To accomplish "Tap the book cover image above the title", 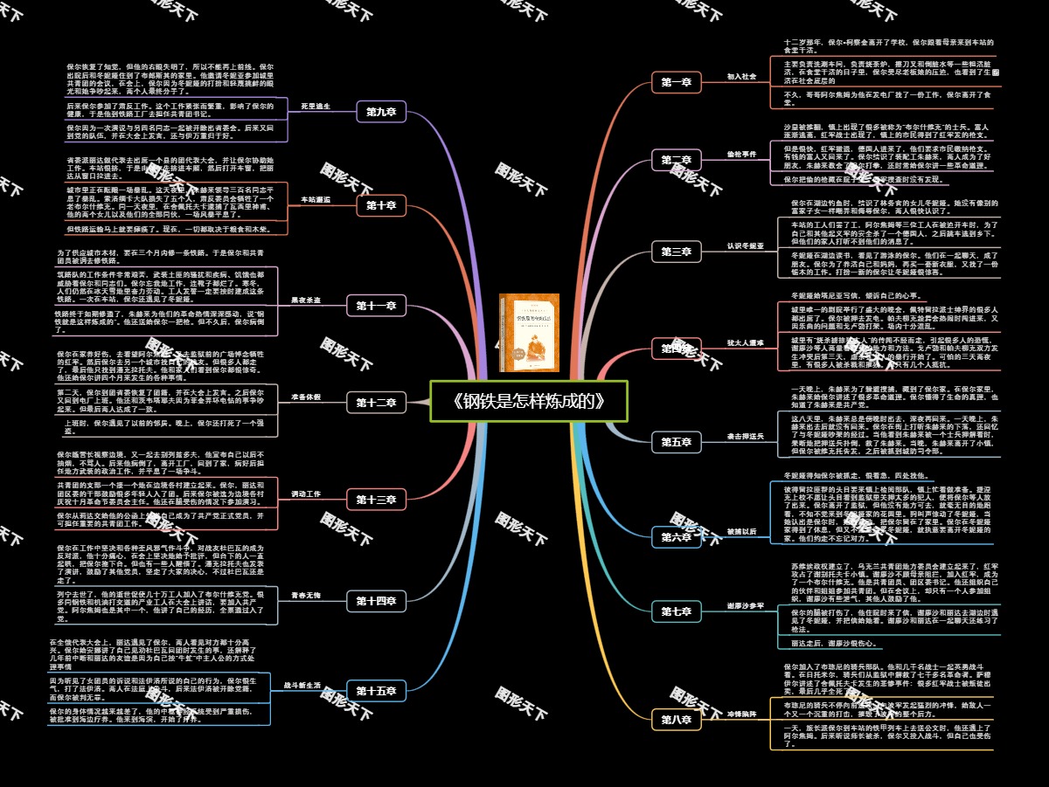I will click(x=529, y=332).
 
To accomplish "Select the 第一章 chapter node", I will click(x=676, y=83).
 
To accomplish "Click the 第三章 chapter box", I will click(x=676, y=252).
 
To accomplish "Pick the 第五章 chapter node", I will click(x=676, y=442).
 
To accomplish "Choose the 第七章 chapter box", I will click(x=676, y=611).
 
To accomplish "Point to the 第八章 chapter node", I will click(x=676, y=720).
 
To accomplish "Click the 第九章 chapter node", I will click(x=381, y=112).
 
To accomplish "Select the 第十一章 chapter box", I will click(x=376, y=306).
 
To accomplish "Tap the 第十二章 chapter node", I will click(x=376, y=403).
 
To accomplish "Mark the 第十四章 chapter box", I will click(x=376, y=601).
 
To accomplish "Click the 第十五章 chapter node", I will click(x=376, y=691).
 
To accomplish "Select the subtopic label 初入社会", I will click(x=741, y=77).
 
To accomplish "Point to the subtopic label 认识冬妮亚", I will click(x=745, y=246).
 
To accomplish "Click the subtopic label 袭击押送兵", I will click(x=745, y=436).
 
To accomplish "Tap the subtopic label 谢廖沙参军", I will click(x=745, y=605).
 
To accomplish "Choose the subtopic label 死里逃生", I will click(x=316, y=106).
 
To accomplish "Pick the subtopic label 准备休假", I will click(x=306, y=397).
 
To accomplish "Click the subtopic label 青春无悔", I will click(x=306, y=595).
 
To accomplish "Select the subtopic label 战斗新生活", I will click(x=302, y=685).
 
